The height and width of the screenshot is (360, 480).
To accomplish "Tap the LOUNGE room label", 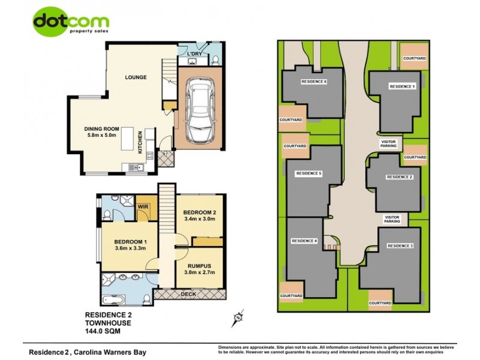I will [136, 77].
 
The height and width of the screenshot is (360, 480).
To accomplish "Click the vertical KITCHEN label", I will [140, 143].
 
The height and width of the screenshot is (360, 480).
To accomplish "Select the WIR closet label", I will [143, 207].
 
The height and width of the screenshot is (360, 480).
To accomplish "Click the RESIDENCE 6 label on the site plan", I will [314, 82].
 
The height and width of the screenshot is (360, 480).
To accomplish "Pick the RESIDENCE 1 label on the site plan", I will [402, 87].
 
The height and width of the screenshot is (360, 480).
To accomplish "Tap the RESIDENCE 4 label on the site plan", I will [304, 241].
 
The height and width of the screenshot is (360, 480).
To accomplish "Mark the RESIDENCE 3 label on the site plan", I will [400, 246].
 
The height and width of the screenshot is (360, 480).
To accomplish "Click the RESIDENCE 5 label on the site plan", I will [309, 173].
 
